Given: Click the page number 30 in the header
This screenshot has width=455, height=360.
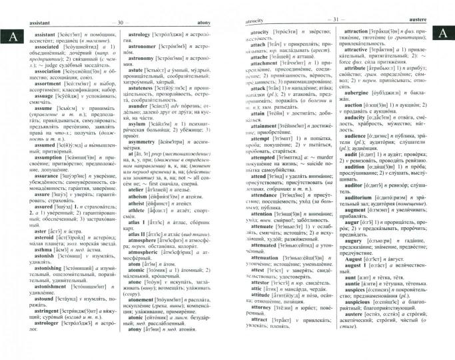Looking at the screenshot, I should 121,23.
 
